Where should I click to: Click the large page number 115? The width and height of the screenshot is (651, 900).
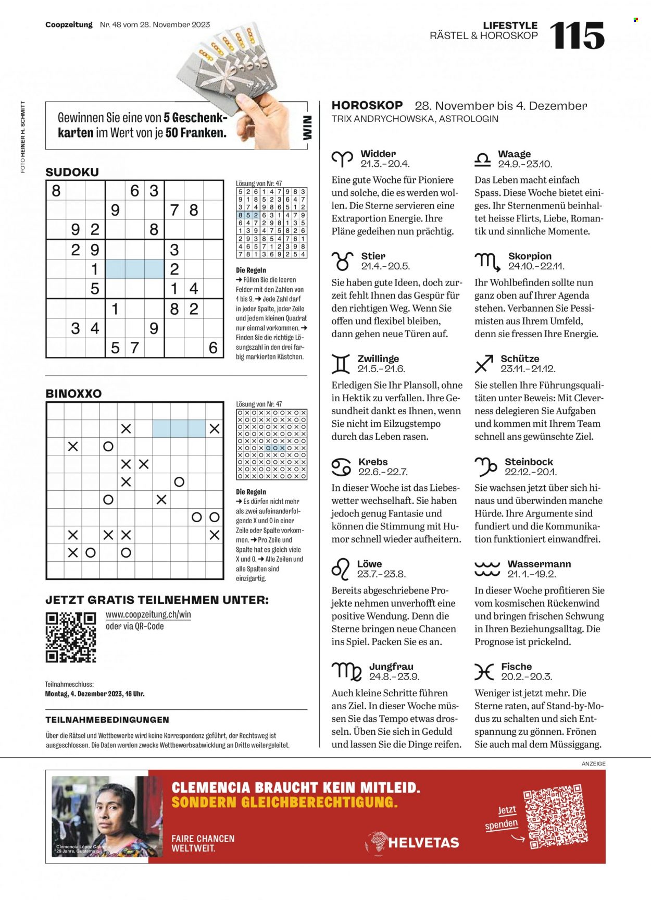point(577,35)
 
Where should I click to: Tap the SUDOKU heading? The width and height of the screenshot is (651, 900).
point(72,172)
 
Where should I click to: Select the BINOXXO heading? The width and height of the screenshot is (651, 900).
point(73,393)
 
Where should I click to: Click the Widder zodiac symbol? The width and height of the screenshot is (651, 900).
point(342,158)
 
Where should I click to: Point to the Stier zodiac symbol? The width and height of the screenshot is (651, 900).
point(342,261)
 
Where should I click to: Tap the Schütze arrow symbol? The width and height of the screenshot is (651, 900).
point(484,364)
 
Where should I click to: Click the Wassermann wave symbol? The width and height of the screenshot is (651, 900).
point(487,569)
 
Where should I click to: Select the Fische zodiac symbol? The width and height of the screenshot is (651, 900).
point(484,672)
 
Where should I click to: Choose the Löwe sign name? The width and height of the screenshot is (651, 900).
point(369,564)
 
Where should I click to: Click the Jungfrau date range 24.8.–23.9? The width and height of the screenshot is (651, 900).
point(394,676)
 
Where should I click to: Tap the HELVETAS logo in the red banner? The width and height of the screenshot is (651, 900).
point(412,842)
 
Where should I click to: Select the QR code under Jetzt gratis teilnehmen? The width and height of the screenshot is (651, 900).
point(71,637)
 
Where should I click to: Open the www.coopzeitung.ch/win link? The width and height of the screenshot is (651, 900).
point(148,615)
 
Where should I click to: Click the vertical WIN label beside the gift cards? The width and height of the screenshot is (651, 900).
point(307,128)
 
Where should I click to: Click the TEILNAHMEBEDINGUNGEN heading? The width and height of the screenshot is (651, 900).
point(107,720)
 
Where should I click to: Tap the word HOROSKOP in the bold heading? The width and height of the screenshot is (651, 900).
point(367,105)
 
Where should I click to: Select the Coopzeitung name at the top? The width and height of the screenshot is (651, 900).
point(69,24)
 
